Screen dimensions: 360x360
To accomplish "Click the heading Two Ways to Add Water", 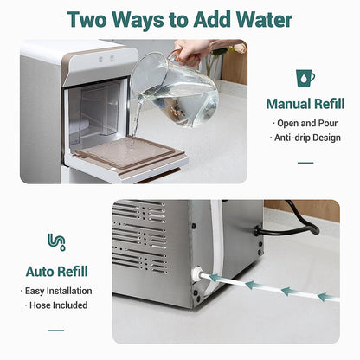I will pyautogui.click(x=179, y=19).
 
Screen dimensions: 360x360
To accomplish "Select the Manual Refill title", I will pyautogui.click(x=305, y=104).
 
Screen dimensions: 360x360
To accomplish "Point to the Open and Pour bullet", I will pyautogui.click(x=305, y=123).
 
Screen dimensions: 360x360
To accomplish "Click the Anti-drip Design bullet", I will pyautogui.click(x=305, y=137).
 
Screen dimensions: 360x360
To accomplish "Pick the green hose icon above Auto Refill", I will pyautogui.click(x=56, y=243).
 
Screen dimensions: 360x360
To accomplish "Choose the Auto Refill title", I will pyautogui.click(x=56, y=270).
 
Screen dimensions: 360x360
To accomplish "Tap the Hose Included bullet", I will pyautogui.click(x=56, y=305).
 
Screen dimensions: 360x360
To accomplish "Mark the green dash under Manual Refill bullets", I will pyautogui.click(x=305, y=162).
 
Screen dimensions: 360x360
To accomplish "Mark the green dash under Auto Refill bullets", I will pyautogui.click(x=56, y=330).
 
